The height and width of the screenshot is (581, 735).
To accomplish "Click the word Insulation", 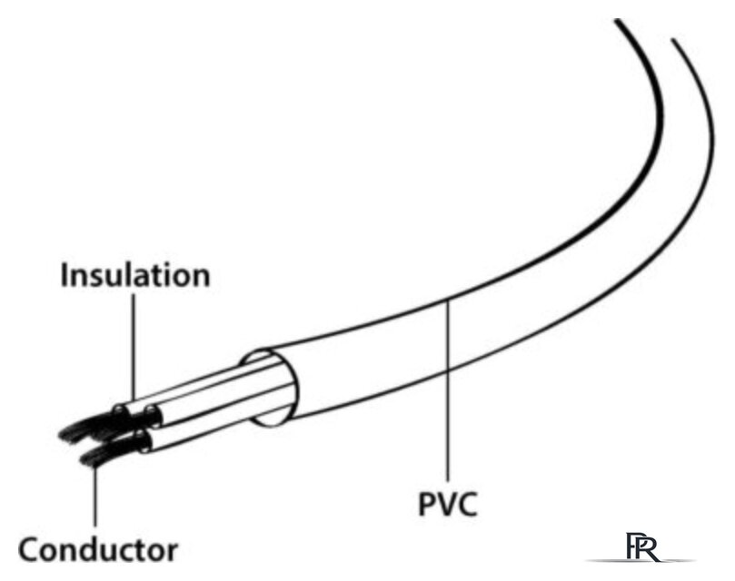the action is click(135, 274).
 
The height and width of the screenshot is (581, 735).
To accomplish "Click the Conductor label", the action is click(98, 549).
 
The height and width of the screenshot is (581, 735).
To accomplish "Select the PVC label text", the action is click(448, 504).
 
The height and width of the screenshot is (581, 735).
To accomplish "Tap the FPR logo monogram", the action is click(642, 547).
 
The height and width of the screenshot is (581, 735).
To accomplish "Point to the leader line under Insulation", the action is click(134, 347).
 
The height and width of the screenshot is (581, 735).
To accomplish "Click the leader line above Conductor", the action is click(95, 496).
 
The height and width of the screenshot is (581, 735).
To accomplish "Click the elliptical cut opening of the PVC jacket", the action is click(269, 388).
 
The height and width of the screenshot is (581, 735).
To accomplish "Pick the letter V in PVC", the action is click(448, 504).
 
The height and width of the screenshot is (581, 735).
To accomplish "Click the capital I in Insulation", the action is click(65, 274).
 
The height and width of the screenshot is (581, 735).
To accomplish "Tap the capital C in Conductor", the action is click(29, 549).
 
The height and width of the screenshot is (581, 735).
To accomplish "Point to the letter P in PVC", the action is click(428, 504).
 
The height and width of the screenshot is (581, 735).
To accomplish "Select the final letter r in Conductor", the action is click(172, 553).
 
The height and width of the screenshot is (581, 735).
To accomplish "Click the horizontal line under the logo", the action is click(640, 560).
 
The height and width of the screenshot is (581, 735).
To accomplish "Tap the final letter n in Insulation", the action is click(201, 279).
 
